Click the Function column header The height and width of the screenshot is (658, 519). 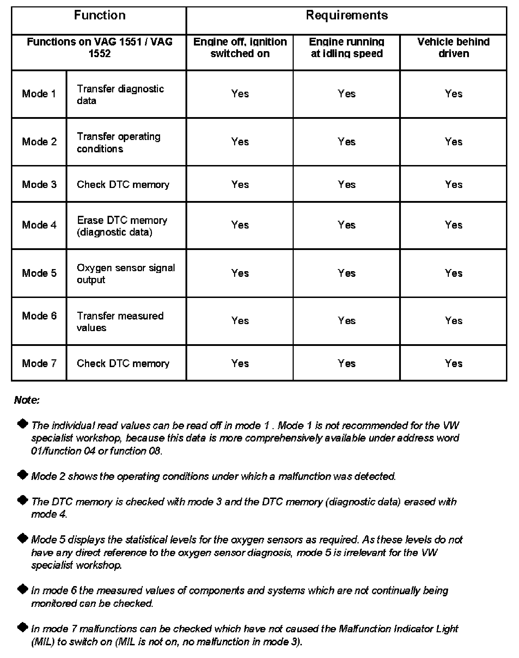[x=99, y=16]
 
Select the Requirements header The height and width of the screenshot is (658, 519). [x=347, y=16]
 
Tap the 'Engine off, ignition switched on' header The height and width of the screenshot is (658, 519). [x=240, y=48]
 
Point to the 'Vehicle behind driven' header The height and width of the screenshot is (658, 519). [x=453, y=48]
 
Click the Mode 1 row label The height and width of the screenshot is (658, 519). [x=39, y=94]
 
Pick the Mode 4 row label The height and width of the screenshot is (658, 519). [x=39, y=225]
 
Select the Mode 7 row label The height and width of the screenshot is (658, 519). [x=39, y=364]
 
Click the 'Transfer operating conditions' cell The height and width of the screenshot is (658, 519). [x=118, y=142]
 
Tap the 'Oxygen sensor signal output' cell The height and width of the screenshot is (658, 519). [x=126, y=273]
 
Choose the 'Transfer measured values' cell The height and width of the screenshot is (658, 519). [x=120, y=321]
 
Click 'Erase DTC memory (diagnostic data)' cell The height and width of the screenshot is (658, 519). [x=122, y=226]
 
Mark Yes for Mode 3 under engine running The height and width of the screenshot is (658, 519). [x=347, y=184]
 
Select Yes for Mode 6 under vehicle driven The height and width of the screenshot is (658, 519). [x=453, y=321]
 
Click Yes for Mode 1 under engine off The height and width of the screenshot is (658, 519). [x=240, y=94]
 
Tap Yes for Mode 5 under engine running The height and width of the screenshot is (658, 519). [x=347, y=273]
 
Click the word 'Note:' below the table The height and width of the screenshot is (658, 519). [x=27, y=400]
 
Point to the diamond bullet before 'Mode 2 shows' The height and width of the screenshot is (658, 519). [x=23, y=475]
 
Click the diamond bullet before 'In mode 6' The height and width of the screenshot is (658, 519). [x=23, y=589]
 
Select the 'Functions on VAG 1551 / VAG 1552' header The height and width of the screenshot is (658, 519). [x=99, y=48]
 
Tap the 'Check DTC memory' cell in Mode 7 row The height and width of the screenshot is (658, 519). [x=123, y=364]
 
